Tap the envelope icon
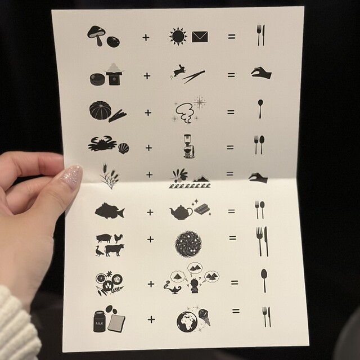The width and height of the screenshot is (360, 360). (x=200, y=37)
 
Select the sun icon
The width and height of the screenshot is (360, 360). (x=178, y=36)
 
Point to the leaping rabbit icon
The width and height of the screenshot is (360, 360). (x=176, y=71)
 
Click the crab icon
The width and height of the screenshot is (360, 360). (x=102, y=144)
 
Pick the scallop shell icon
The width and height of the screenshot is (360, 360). (x=124, y=148)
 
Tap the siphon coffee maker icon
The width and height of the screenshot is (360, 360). (x=189, y=146)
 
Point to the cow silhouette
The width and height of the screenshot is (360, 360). (x=114, y=250)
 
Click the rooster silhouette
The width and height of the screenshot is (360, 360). (x=118, y=238)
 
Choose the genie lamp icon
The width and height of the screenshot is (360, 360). (x=173, y=288)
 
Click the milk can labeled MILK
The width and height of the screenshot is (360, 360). (x=100, y=321)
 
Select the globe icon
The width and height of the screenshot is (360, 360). (x=187, y=321)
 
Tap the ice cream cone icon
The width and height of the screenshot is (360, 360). (x=204, y=317)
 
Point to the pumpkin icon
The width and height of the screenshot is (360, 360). (x=100, y=110)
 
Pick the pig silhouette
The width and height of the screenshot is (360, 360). (x=103, y=238)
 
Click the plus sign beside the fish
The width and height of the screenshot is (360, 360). (x=150, y=213)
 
